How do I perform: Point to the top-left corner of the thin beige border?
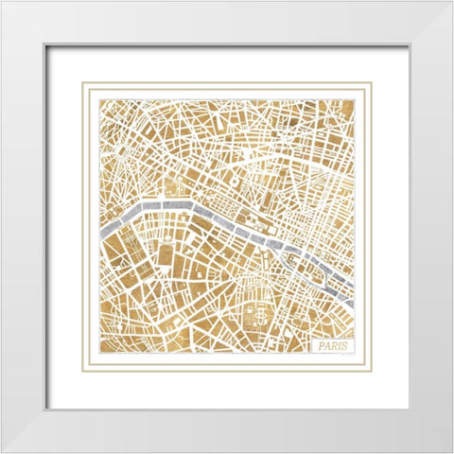click(81, 82)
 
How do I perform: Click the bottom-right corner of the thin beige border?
click(372, 373)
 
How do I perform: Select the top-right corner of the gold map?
click(356, 97)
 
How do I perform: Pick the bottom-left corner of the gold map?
click(97, 356)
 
